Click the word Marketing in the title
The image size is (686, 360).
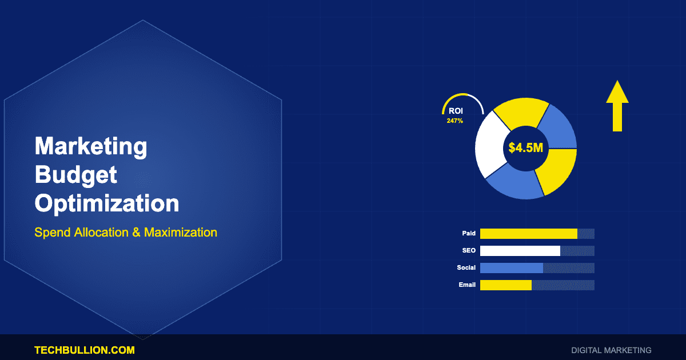(x=91, y=147)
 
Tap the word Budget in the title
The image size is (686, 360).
(x=76, y=175)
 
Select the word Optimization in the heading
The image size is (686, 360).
(x=107, y=203)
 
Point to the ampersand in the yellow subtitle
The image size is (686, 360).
(x=136, y=233)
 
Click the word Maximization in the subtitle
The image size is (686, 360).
(x=181, y=233)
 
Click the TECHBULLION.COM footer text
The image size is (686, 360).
(x=85, y=350)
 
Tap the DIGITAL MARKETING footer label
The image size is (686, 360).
(x=611, y=350)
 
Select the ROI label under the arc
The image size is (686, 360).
(x=456, y=111)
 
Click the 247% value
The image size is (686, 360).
(x=455, y=121)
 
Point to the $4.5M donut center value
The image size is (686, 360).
(x=525, y=148)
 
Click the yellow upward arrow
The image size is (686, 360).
(x=617, y=106)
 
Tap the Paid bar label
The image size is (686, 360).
(x=469, y=233)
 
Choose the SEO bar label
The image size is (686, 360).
(x=469, y=250)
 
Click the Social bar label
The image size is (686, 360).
(x=466, y=267)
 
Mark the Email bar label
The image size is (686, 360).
(x=467, y=285)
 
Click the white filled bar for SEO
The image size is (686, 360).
(x=520, y=251)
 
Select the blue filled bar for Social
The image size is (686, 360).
(x=512, y=268)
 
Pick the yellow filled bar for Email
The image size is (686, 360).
(x=505, y=285)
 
